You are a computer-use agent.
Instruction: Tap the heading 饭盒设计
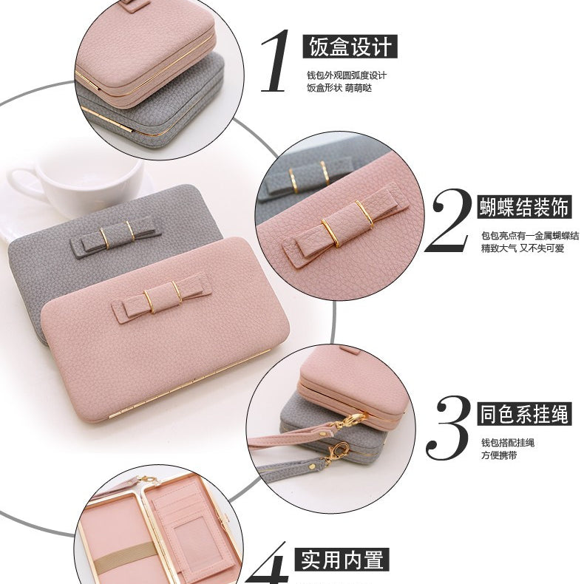pos(350,47)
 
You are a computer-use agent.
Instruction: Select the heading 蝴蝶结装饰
pos(524,207)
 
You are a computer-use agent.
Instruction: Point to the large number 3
pos(448,428)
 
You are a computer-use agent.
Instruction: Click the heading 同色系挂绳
pos(524,414)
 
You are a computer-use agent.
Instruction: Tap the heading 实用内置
pos(342,559)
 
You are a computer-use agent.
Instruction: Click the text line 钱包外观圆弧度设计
pos(347,75)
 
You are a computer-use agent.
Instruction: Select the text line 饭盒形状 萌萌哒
pos(339,88)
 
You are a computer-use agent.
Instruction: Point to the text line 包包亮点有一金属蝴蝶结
pos(530,236)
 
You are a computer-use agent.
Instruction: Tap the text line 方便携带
pos(499,455)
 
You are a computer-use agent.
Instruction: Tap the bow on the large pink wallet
pos(163,296)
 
